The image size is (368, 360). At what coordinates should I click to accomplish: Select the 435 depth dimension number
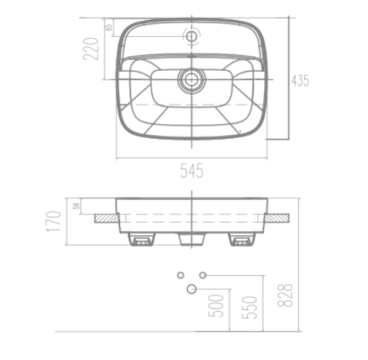click(x=304, y=81)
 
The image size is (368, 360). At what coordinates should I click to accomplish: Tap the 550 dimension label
click(x=249, y=308)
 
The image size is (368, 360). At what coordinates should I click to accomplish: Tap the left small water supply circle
click(x=180, y=274)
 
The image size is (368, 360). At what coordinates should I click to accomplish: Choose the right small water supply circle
click(x=203, y=274)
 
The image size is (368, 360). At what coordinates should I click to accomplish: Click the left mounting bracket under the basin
click(x=140, y=241)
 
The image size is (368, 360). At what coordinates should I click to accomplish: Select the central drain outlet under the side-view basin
click(x=189, y=240)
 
